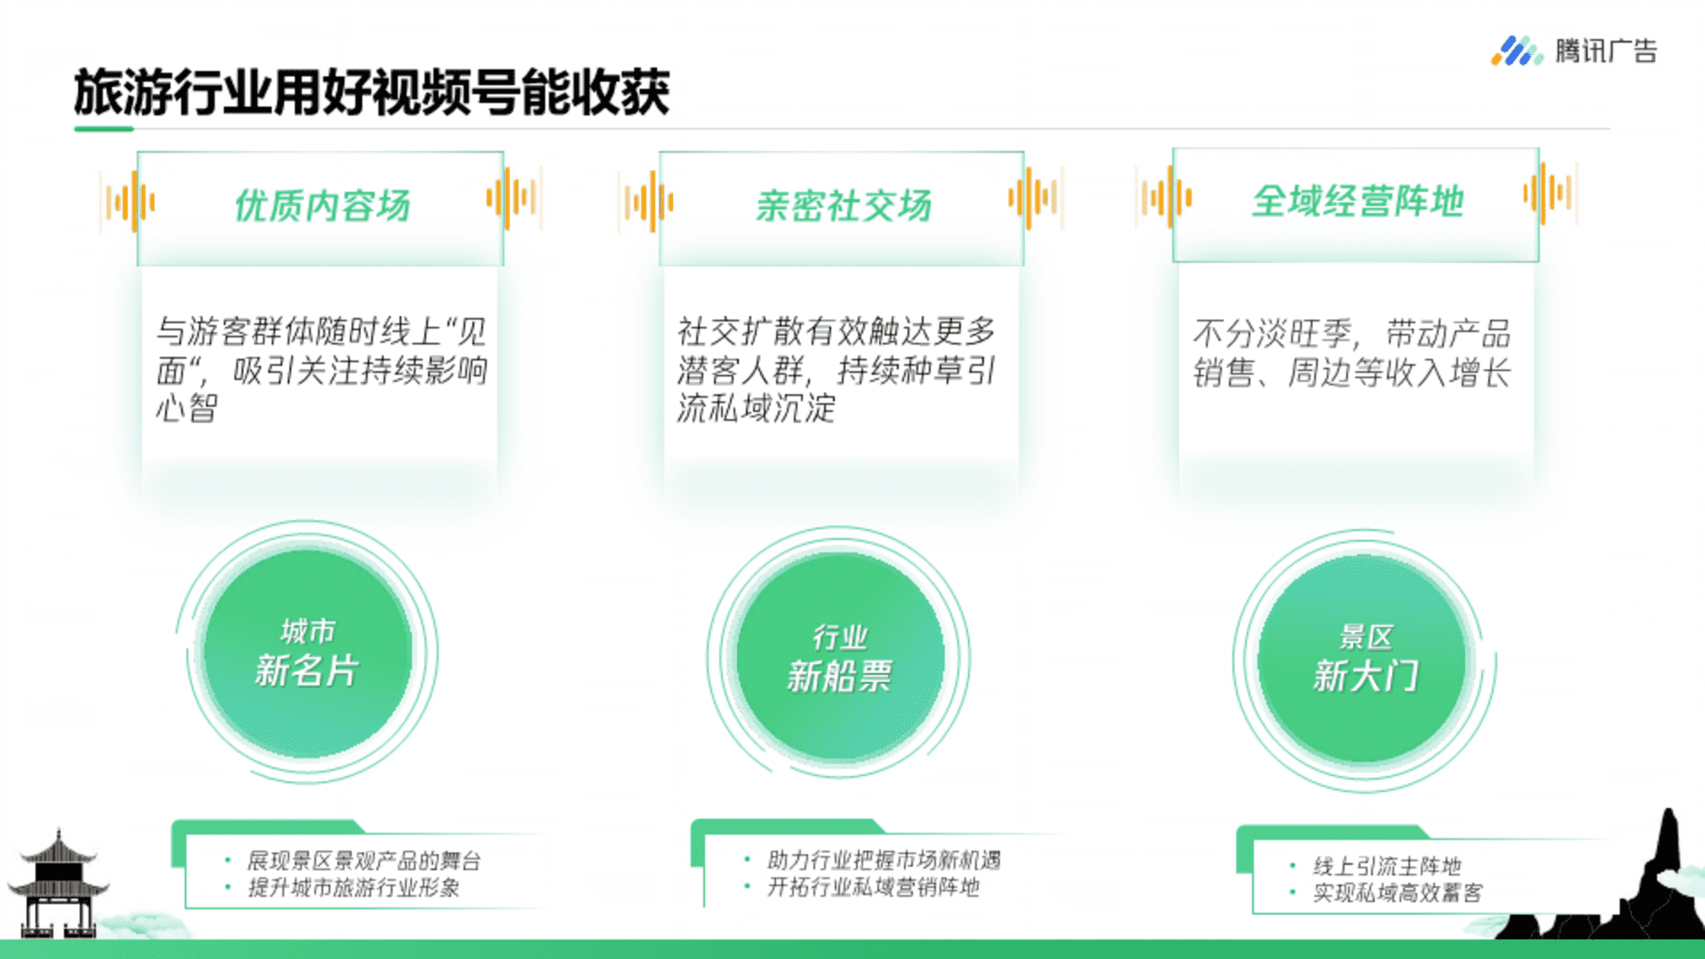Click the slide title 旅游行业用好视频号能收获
(371, 91)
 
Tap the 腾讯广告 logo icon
(1516, 51)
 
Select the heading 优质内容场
(321, 205)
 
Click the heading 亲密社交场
(843, 205)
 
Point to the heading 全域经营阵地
(1357, 201)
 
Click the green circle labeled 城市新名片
(307, 654)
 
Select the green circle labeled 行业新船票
(840, 658)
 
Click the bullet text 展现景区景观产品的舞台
(363, 860)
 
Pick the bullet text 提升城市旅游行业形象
(353, 887)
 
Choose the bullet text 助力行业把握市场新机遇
(884, 860)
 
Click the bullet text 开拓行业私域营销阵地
(873, 886)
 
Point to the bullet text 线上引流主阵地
(1387, 866)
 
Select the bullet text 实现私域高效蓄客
(1398, 892)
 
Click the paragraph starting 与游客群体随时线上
(321, 369)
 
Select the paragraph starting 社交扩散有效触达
(837, 369)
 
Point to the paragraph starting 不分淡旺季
(1352, 353)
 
